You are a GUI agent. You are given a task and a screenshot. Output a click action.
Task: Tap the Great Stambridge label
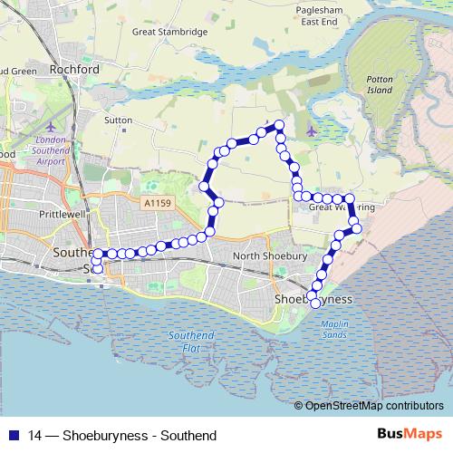[170, 32]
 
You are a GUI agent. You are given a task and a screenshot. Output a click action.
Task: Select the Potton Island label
[381, 86]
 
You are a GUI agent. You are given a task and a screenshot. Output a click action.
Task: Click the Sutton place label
[119, 120]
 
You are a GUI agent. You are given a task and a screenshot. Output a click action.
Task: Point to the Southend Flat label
[190, 342]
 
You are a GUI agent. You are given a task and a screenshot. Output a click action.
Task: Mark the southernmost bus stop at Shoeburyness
[316, 304]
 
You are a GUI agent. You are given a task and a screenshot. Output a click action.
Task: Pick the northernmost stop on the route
[279, 125]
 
